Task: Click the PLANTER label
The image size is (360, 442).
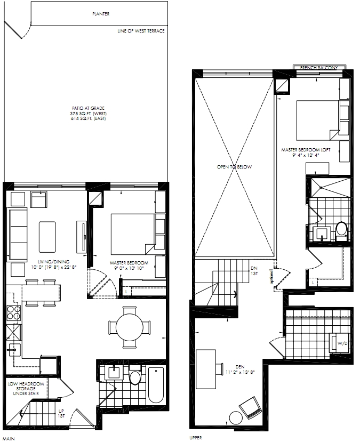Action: (x=101, y=14)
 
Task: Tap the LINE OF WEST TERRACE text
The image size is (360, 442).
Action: (x=141, y=31)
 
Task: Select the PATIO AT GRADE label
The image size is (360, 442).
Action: (x=88, y=108)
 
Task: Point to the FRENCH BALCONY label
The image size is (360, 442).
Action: (x=318, y=68)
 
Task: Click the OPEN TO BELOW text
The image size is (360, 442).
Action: (x=234, y=167)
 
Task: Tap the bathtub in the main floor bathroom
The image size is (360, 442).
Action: (x=156, y=385)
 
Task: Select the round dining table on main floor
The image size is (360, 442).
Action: (x=130, y=327)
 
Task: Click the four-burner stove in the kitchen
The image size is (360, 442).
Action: (x=14, y=312)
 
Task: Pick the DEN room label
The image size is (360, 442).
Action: (x=240, y=367)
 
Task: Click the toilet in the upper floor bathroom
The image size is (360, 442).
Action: (x=341, y=231)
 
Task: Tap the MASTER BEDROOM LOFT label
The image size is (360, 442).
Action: (x=306, y=150)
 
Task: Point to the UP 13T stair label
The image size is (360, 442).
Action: (x=61, y=413)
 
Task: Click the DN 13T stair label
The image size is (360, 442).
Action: (x=254, y=271)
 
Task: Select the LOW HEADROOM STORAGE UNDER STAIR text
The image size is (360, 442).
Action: (x=26, y=389)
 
